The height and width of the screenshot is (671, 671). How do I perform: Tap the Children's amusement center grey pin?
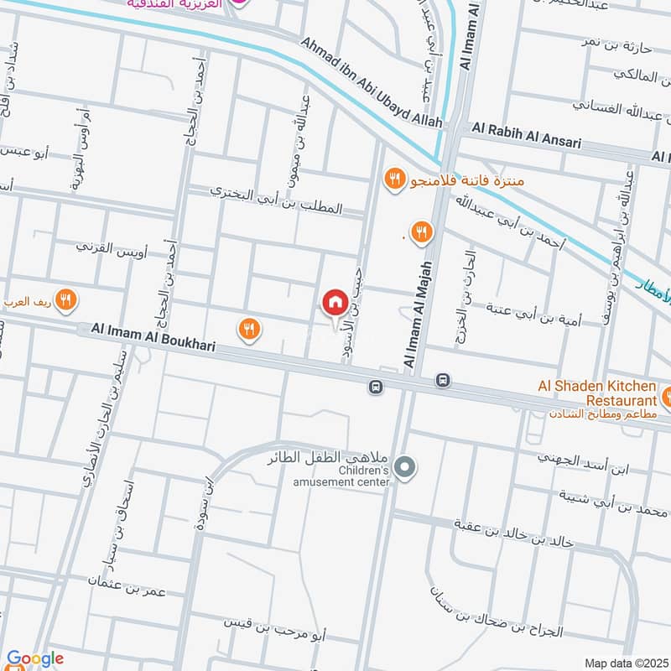coord(405,467)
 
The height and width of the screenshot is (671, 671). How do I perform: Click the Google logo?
coord(34,658)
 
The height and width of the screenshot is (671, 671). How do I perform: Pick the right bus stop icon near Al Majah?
coord(443,381)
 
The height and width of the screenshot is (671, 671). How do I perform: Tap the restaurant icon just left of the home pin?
coord(248,330)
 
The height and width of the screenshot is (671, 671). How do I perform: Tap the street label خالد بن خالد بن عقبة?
coord(513,534)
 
